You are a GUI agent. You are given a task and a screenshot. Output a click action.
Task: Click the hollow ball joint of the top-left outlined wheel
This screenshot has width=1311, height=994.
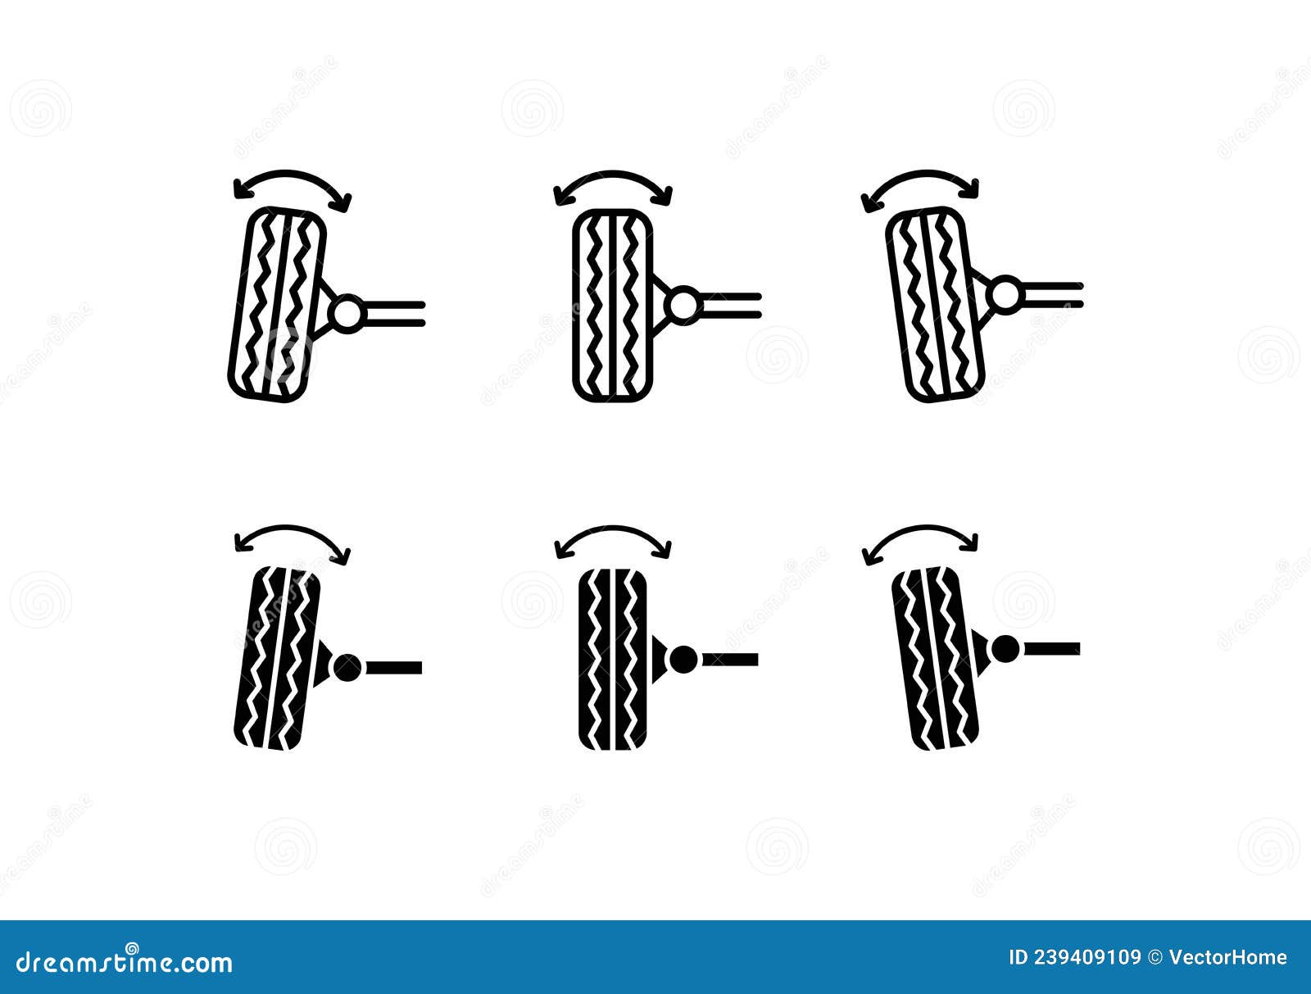point(347,313)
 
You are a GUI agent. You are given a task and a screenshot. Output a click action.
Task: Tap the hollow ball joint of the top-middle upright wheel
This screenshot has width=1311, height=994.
point(683,304)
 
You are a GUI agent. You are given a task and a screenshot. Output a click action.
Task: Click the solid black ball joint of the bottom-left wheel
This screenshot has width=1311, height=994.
point(347,668)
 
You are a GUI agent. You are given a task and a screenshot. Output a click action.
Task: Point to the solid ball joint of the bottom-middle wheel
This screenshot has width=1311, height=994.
point(683,659)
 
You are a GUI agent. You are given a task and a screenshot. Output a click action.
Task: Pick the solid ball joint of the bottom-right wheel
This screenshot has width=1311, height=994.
point(1005,649)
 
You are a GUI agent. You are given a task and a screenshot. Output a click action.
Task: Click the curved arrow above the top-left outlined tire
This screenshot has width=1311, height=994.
point(291,174)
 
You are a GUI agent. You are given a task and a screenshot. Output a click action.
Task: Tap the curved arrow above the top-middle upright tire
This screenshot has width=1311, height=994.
point(613,175)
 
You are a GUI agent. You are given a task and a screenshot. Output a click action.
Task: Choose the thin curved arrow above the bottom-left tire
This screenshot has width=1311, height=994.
point(291,529)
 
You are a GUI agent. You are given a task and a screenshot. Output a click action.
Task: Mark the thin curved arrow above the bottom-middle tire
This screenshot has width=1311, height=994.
point(613,529)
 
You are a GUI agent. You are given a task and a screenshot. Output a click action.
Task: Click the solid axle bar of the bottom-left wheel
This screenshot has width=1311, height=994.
point(393,668)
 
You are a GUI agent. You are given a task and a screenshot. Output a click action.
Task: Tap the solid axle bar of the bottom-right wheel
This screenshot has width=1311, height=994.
point(1052,649)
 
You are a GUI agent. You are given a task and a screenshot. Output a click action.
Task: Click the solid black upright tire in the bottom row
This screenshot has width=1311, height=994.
point(612,660)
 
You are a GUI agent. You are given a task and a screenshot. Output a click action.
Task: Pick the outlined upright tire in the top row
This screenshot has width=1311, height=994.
point(612,305)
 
